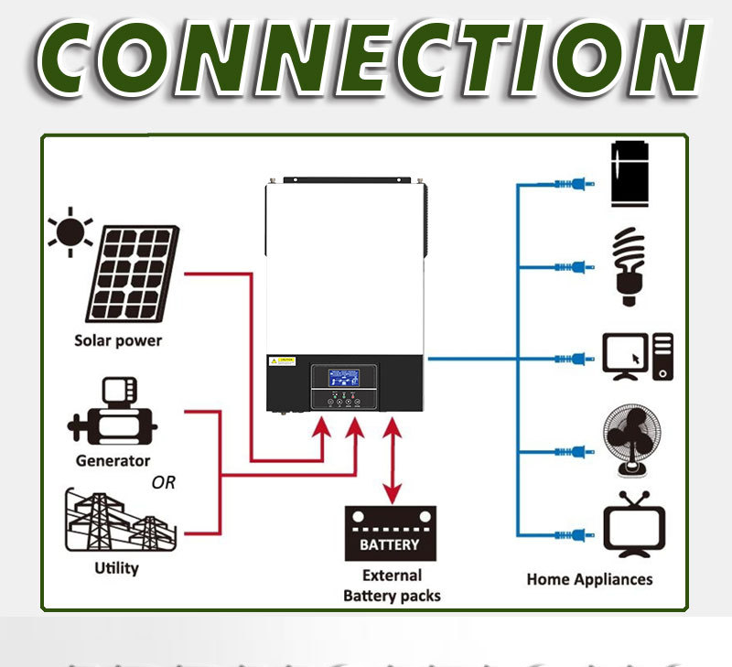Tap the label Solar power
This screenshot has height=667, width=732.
click(118, 340)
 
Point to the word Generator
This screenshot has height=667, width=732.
click(113, 460)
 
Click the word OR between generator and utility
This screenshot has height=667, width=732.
click(164, 482)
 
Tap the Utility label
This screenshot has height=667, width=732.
click(117, 568)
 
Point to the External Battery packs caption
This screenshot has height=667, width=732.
click(392, 586)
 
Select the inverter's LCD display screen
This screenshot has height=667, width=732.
click(344, 379)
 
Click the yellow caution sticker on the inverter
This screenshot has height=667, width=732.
click(283, 360)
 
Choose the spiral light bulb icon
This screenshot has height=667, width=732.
click(629, 266)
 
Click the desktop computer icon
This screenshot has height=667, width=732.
click(638, 357)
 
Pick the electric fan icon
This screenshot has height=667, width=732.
click(629, 442)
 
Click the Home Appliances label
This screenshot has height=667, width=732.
click(589, 579)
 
